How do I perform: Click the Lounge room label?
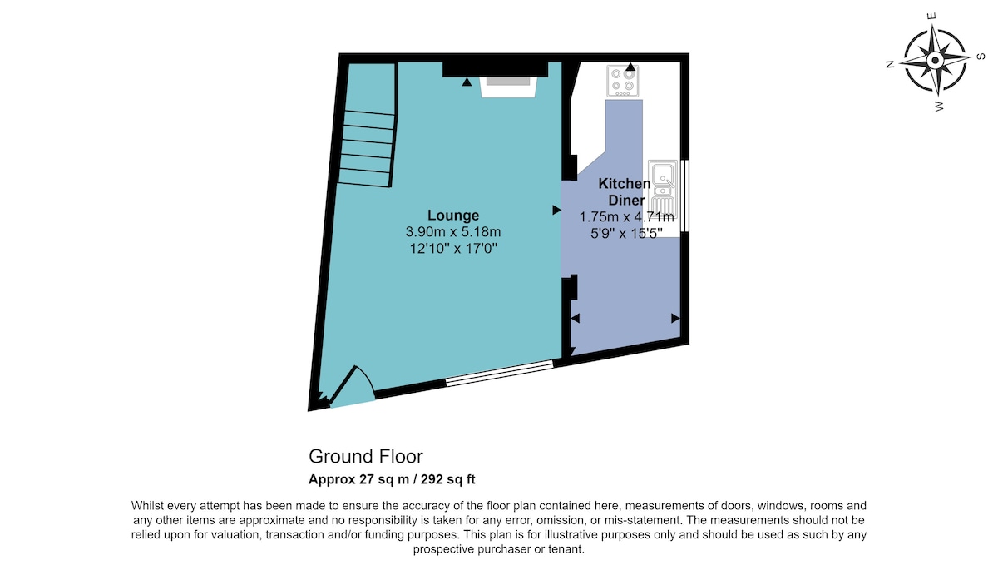click(453, 216)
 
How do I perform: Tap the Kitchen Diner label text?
click(625, 191)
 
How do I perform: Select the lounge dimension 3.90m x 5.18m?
click(453, 232)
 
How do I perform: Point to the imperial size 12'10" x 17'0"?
click(453, 248)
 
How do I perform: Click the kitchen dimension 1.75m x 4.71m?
click(626, 217)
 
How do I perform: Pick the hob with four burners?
click(622, 81)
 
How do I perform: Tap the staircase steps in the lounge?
click(367, 148)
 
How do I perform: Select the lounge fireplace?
click(508, 87)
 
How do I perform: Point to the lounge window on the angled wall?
click(500, 373)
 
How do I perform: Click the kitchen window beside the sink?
click(685, 196)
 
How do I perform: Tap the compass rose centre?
click(935, 60)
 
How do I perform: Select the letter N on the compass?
click(890, 64)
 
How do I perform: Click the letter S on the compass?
click(981, 56)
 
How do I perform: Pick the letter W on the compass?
click(939, 107)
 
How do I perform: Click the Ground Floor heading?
click(366, 457)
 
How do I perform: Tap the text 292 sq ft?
click(447, 479)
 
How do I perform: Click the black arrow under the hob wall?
click(630, 67)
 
